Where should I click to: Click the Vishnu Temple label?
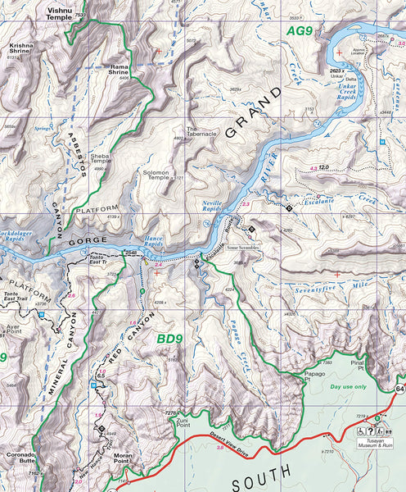(59, 14)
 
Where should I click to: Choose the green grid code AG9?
(300, 31)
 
